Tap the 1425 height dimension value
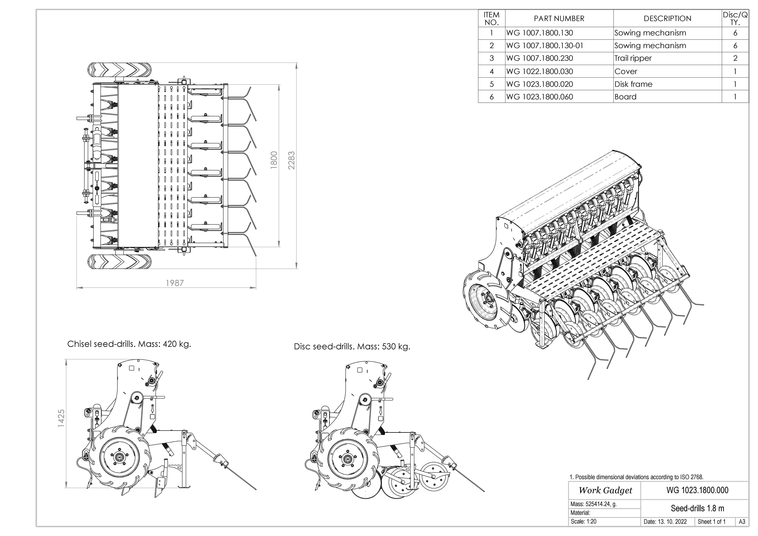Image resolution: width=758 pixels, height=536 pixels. click(61, 419)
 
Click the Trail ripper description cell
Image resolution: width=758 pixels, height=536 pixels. click(633, 58)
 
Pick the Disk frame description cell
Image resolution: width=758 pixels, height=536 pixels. click(633, 84)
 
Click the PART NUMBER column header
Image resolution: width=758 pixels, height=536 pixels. click(559, 18)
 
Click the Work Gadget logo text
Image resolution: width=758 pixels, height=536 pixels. click(605, 491)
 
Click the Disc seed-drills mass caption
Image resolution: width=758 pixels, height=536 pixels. click(352, 347)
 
